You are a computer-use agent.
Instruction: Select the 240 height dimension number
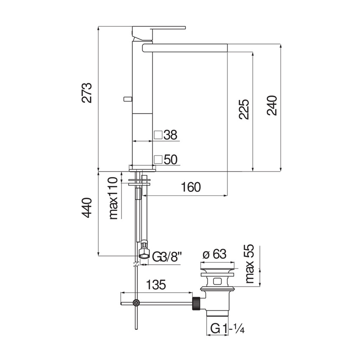[x=272, y=105]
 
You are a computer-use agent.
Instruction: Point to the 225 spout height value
[x=244, y=109]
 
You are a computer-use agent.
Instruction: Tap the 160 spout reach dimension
[x=191, y=187]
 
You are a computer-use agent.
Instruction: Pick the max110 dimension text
[x=114, y=198]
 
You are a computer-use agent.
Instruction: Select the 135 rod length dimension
[x=156, y=285]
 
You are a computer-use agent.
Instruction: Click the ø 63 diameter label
[x=214, y=254]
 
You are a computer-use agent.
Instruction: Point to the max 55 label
[x=250, y=263]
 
